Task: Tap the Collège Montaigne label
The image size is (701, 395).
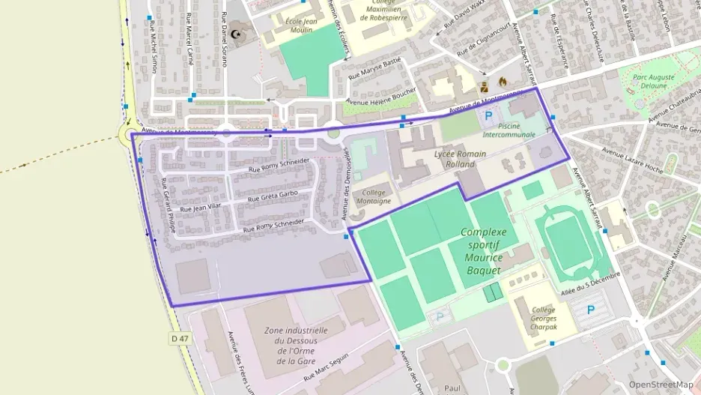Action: pyautogui.click(x=372, y=196)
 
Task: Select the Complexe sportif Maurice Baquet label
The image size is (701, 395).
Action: pyautogui.click(x=483, y=250)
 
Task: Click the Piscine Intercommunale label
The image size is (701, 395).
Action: pyautogui.click(x=509, y=130)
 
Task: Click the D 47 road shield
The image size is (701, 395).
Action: pyautogui.click(x=179, y=339)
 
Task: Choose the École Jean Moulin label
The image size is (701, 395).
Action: pyautogui.click(x=302, y=25)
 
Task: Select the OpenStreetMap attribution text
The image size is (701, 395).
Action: pyautogui.click(x=661, y=385)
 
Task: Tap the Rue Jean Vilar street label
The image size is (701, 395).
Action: pyautogui.click(x=201, y=205)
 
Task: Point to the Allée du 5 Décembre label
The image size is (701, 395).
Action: pyautogui.click(x=591, y=285)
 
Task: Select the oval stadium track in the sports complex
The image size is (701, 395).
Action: pyautogui.click(x=567, y=238)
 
